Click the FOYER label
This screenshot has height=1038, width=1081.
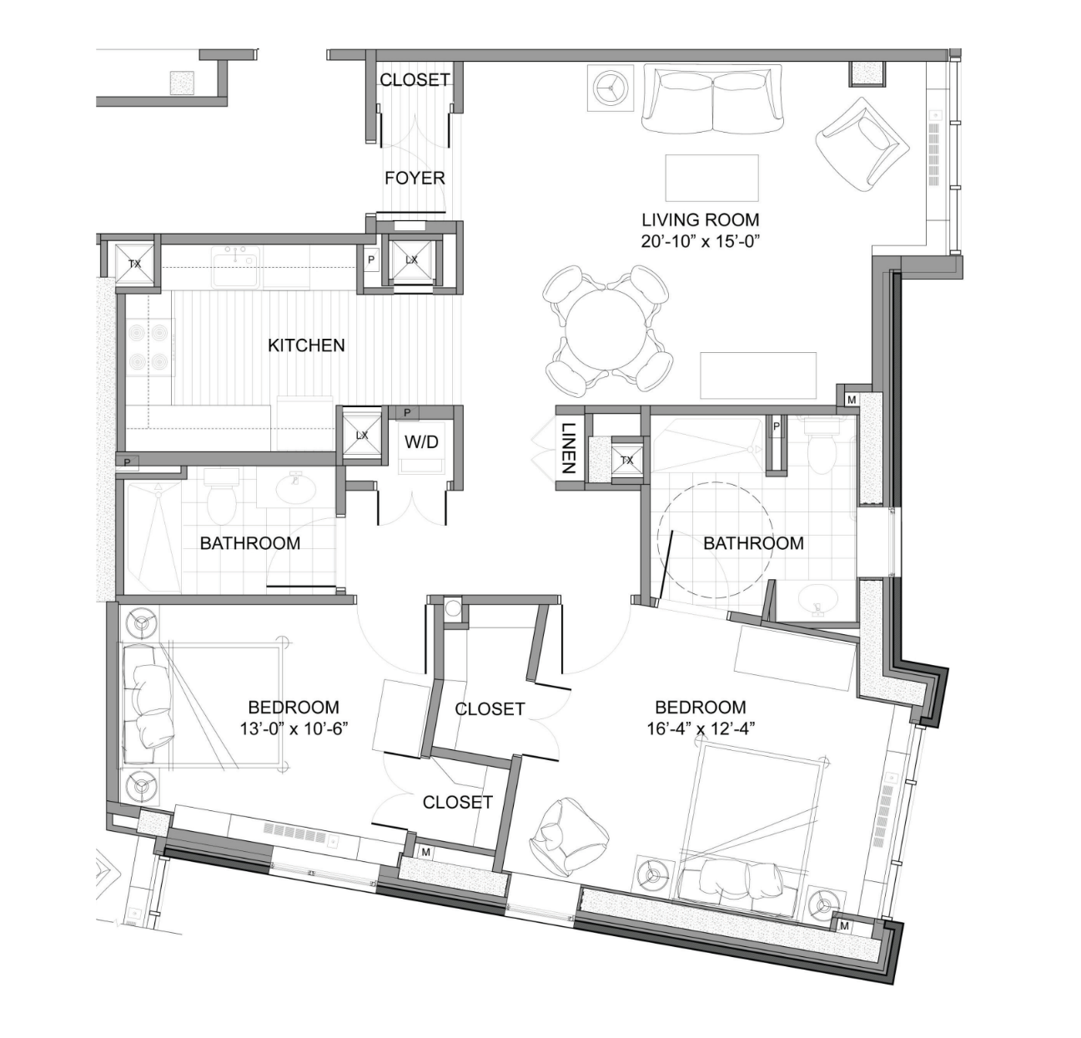coord(415,178)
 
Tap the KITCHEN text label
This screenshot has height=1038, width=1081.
coord(306,345)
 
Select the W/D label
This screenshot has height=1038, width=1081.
coord(421,442)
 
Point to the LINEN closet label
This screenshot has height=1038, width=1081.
coord(567,448)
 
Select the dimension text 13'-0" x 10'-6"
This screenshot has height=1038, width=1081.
coord(293,728)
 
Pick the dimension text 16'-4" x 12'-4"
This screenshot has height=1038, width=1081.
coord(701,728)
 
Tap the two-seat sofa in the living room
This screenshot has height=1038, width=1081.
coord(713,98)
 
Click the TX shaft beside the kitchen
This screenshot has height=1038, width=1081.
coord(135,264)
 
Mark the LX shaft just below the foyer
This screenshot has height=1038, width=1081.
coord(411,259)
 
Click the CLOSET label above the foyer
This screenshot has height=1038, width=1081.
coord(415,80)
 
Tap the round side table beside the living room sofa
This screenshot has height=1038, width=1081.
coord(612,88)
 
